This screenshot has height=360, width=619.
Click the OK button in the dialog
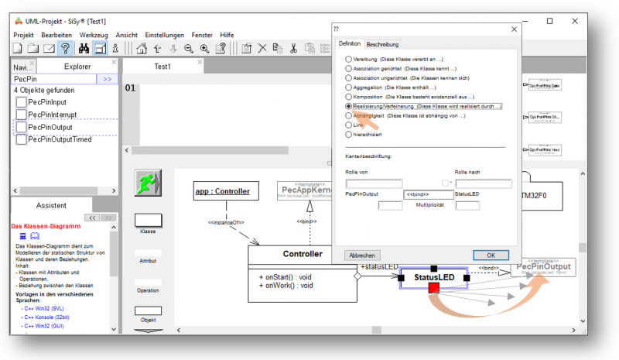coord(491,255)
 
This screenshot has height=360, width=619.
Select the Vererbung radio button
coord(348,59)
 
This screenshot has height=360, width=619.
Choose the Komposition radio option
coord(348,97)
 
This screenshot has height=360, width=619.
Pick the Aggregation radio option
coord(348,87)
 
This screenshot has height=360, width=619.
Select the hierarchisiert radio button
coord(348,135)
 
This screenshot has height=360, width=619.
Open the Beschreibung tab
coord(382,44)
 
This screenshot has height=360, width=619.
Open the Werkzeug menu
coord(94,35)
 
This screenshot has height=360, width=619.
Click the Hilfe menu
coord(227,35)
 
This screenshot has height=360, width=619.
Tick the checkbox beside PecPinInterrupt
coord(22,115)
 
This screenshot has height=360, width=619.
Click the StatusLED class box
coord(433,276)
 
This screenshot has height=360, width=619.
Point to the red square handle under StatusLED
coord(433,288)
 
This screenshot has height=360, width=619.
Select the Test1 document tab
coord(162,67)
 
